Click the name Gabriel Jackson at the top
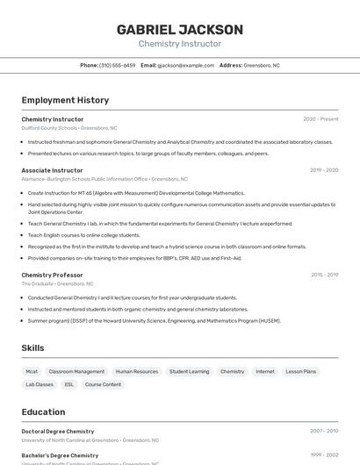click(x=180, y=29)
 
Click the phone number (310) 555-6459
click(x=117, y=65)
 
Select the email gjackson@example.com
click(x=185, y=65)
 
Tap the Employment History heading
click(x=65, y=100)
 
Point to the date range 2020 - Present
click(x=320, y=119)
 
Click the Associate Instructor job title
click(x=52, y=170)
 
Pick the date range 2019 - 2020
click(x=323, y=170)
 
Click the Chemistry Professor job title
click(x=52, y=275)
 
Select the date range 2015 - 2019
click(x=324, y=275)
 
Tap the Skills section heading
click(x=32, y=348)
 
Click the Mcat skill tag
click(x=32, y=371)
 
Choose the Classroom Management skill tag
click(x=76, y=371)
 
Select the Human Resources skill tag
click(x=137, y=371)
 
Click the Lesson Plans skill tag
click(x=300, y=371)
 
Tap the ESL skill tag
click(x=69, y=384)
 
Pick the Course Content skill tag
click(x=103, y=384)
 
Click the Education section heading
click(x=43, y=411)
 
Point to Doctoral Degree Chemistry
click(x=58, y=432)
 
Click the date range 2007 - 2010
click(x=323, y=432)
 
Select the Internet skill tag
click(x=265, y=371)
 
